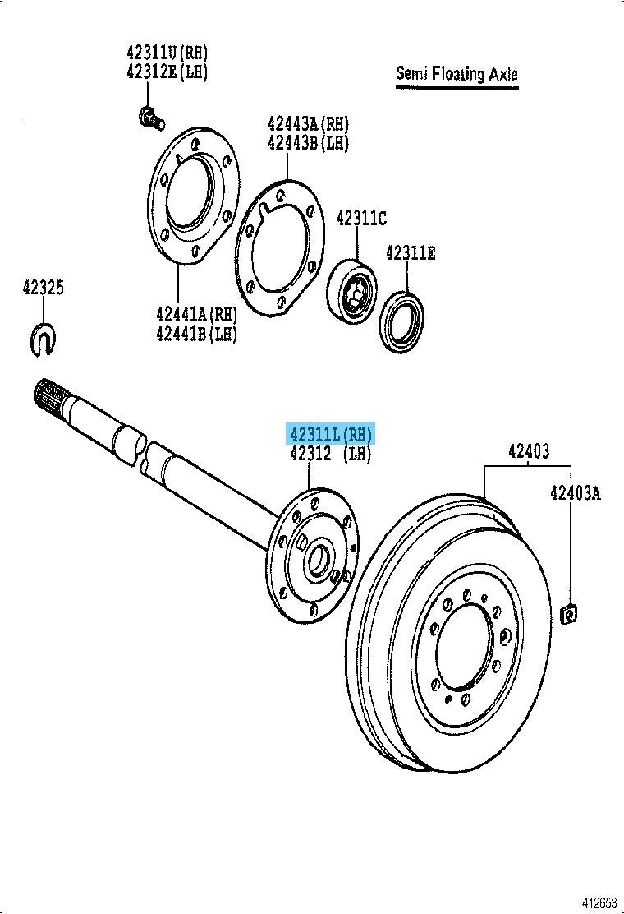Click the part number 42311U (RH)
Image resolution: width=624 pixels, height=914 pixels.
click(x=167, y=53)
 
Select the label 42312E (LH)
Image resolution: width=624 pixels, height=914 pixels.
click(x=167, y=72)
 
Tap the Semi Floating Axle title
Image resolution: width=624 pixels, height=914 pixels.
click(x=457, y=74)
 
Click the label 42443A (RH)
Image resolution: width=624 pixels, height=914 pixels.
click(x=308, y=123)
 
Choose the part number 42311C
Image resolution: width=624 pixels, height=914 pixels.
click(x=361, y=218)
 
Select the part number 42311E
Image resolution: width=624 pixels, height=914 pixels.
click(x=411, y=253)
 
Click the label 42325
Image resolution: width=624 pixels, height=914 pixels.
click(x=44, y=288)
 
